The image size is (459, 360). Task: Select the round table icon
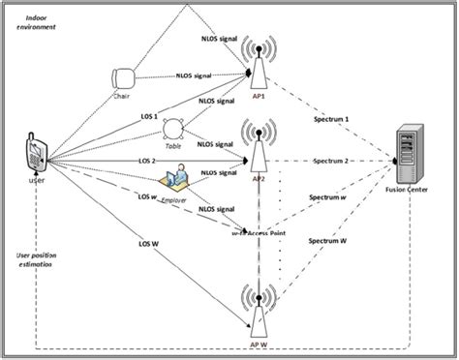click(174, 128)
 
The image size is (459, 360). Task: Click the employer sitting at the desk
click(177, 179)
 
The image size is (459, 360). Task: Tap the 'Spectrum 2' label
click(333, 161)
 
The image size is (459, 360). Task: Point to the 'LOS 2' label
click(122, 161)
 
